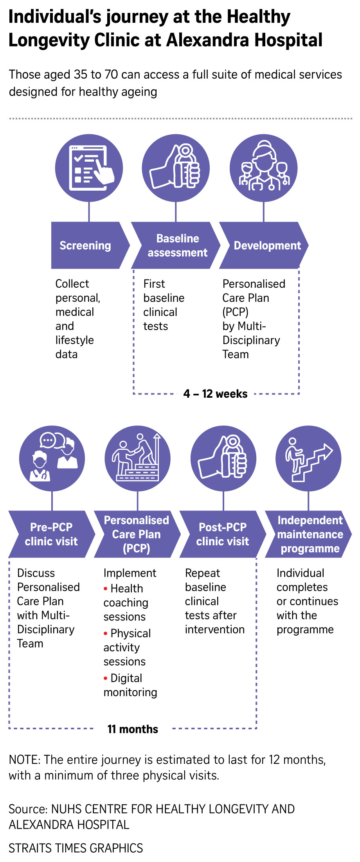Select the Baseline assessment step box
176,245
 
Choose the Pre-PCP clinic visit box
51,534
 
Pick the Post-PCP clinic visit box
222,534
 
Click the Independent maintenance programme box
309,534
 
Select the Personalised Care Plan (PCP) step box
137,534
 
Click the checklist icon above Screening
89,168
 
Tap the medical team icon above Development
263,168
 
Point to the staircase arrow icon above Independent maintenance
308,458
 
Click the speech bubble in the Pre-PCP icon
48,440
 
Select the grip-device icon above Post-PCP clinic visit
223,458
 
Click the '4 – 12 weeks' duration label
215,394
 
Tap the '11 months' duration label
133,729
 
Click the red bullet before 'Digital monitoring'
106,678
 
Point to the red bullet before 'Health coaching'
106,588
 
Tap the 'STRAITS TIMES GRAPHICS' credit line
76,848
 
